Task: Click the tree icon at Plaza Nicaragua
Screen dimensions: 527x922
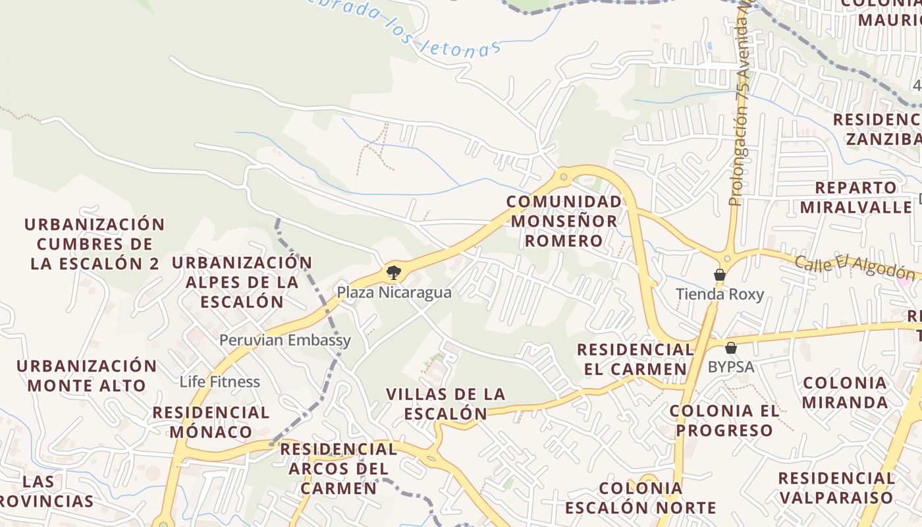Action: pos(393,272)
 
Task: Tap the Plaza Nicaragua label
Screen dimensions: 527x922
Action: pos(394,292)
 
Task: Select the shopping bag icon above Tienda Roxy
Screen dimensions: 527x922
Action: pos(720,274)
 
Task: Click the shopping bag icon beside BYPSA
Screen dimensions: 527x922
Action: pos(730,348)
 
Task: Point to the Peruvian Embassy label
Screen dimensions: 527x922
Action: pos(285,341)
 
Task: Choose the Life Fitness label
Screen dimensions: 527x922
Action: pos(220,382)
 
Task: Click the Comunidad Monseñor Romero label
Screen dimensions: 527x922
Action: pos(564,221)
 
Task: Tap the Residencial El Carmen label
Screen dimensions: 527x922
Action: pos(636,359)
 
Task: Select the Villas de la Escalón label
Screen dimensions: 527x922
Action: pos(446,404)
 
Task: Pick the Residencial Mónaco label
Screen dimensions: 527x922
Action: pos(211,422)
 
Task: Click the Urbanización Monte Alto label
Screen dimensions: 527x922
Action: pos(87,375)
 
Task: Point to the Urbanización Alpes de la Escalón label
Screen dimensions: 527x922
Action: pos(242,282)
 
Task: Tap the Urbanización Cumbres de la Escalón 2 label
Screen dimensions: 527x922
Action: pos(94,244)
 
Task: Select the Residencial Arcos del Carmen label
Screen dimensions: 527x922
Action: pos(339,468)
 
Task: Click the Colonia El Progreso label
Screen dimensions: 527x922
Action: pos(724,420)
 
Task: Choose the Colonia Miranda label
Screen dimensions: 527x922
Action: pos(845,392)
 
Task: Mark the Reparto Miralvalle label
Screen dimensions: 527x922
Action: pos(856,197)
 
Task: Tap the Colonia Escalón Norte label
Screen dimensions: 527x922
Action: pos(640,498)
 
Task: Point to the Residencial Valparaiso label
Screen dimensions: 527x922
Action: pos(836,487)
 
